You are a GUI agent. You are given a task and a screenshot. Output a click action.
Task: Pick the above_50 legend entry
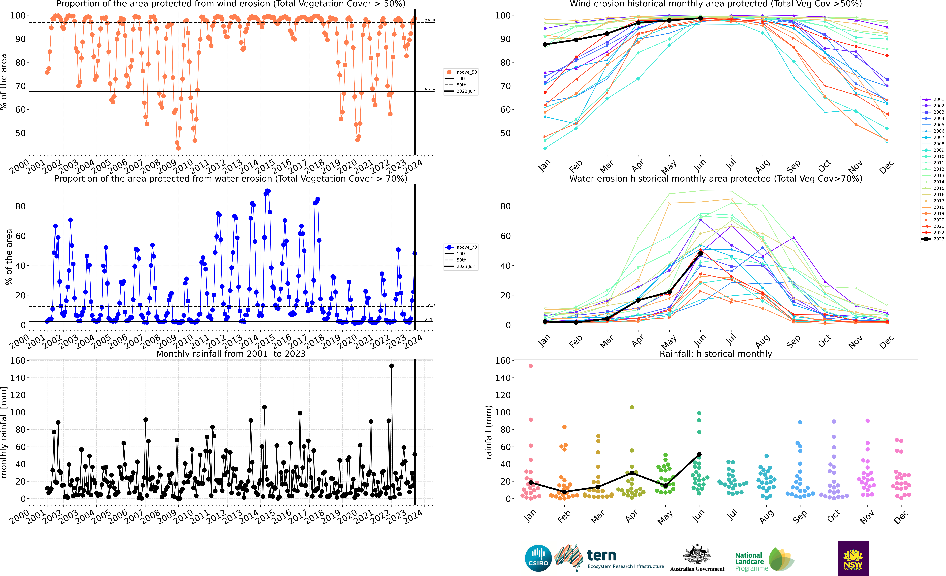(461, 72)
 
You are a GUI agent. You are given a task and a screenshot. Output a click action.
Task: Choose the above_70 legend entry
(461, 247)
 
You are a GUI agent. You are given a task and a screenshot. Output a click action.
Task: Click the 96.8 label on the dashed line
(430, 21)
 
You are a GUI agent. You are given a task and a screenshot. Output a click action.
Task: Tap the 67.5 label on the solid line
(430, 90)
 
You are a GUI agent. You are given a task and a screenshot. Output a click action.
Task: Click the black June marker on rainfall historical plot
(699, 455)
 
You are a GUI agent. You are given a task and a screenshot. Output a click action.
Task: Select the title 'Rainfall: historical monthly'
(716, 354)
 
